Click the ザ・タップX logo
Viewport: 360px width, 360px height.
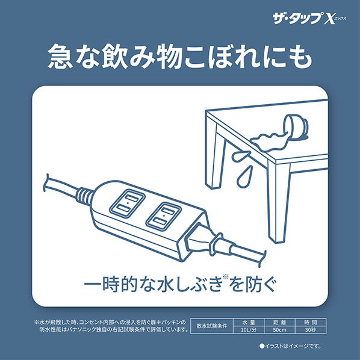coord(309,19)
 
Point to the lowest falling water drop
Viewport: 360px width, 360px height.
coord(244,176)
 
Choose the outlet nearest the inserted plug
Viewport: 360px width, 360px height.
coord(164,216)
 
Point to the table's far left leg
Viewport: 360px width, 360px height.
coord(214,156)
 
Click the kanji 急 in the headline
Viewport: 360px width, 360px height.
coord(61,56)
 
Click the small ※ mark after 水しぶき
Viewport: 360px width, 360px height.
coord(226,277)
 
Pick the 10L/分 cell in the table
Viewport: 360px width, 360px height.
coord(249,330)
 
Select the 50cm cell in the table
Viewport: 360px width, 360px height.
coord(279,330)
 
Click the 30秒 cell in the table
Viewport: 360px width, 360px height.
coord(311,330)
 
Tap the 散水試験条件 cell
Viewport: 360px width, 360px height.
coord(212,326)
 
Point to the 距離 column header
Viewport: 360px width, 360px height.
coord(279,323)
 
